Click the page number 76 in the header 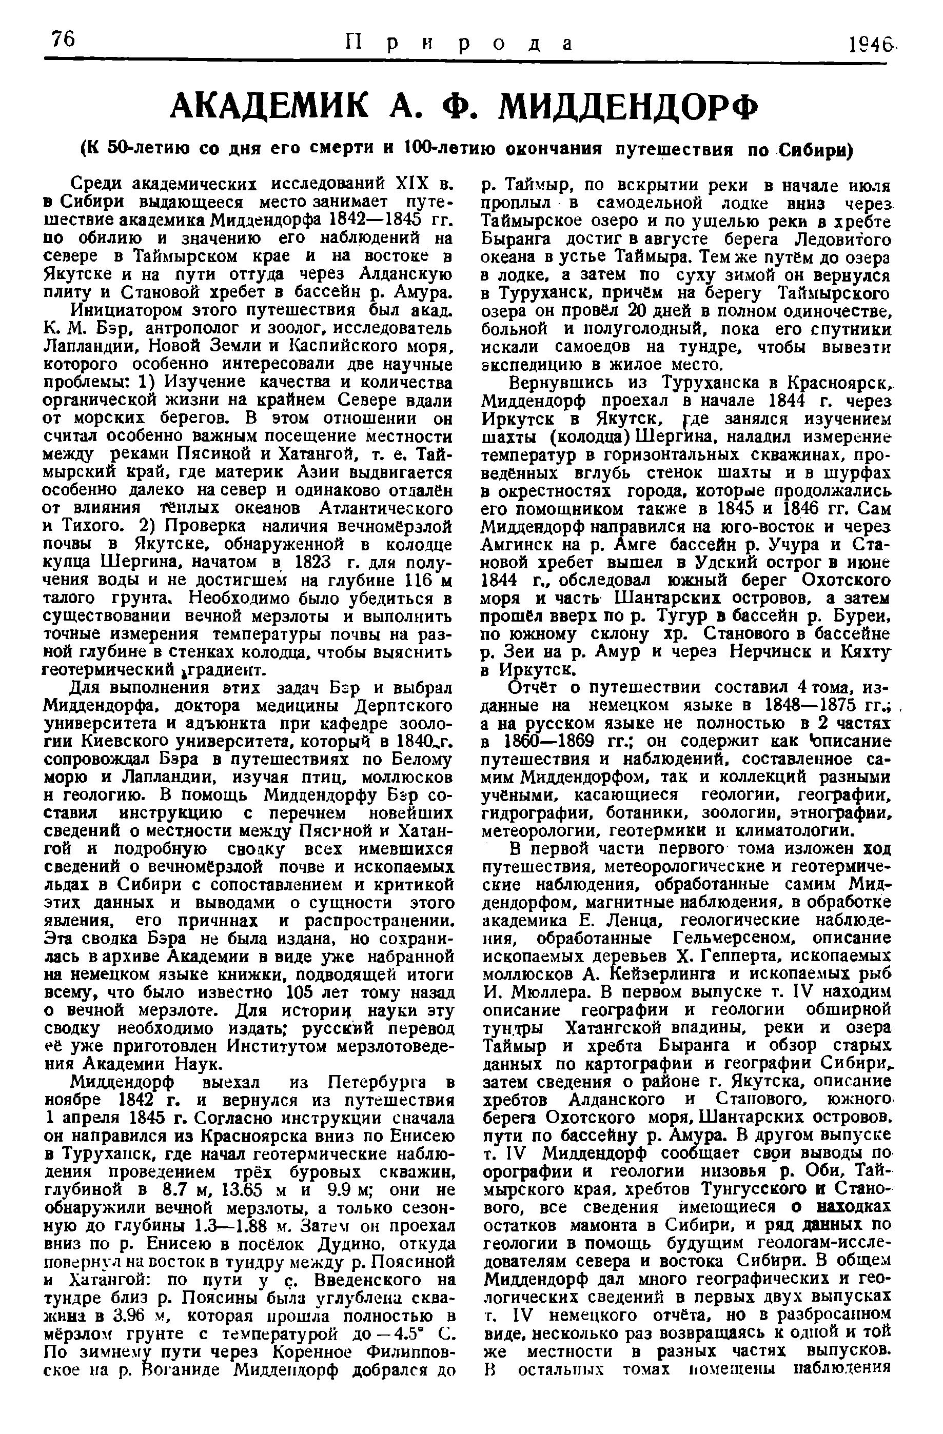(62, 41)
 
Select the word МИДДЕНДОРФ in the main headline (629, 108)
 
